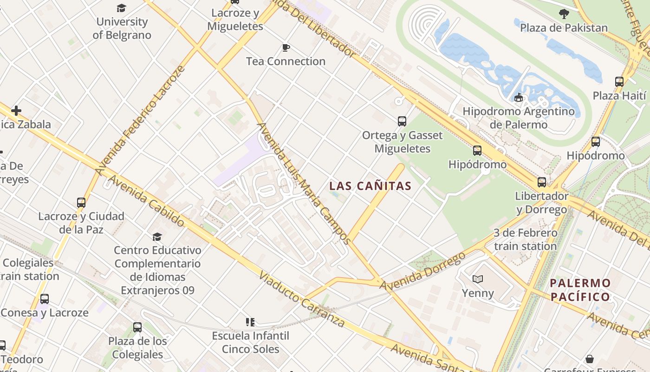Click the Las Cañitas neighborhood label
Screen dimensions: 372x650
pyautogui.click(x=370, y=186)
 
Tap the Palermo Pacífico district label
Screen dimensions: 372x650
pyautogui.click(x=580, y=290)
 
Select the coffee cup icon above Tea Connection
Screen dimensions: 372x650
pyautogui.click(x=286, y=48)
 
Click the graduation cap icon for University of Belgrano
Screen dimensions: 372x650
pyautogui.click(x=121, y=8)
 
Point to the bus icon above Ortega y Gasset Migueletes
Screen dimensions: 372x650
pyautogui.click(x=402, y=121)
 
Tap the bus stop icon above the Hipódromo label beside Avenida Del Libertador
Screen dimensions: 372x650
pyautogui.click(x=477, y=151)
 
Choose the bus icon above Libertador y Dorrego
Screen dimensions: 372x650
pyautogui.click(x=542, y=182)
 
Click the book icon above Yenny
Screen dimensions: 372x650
pyautogui.click(x=478, y=279)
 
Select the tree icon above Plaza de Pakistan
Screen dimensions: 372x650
pyautogui.click(x=564, y=14)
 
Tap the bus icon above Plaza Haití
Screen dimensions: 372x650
pyautogui.click(x=619, y=82)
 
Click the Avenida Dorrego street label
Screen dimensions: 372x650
pyautogui.click(x=422, y=272)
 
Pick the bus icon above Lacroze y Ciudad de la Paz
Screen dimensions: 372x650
pyautogui.click(x=81, y=203)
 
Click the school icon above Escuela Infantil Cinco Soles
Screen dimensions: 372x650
pyautogui.click(x=250, y=322)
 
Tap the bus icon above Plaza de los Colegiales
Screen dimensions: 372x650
pyautogui.click(x=137, y=327)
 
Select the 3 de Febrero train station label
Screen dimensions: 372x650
pyautogui.click(x=525, y=239)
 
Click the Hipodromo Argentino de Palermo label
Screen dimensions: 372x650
pyautogui.click(x=519, y=118)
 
